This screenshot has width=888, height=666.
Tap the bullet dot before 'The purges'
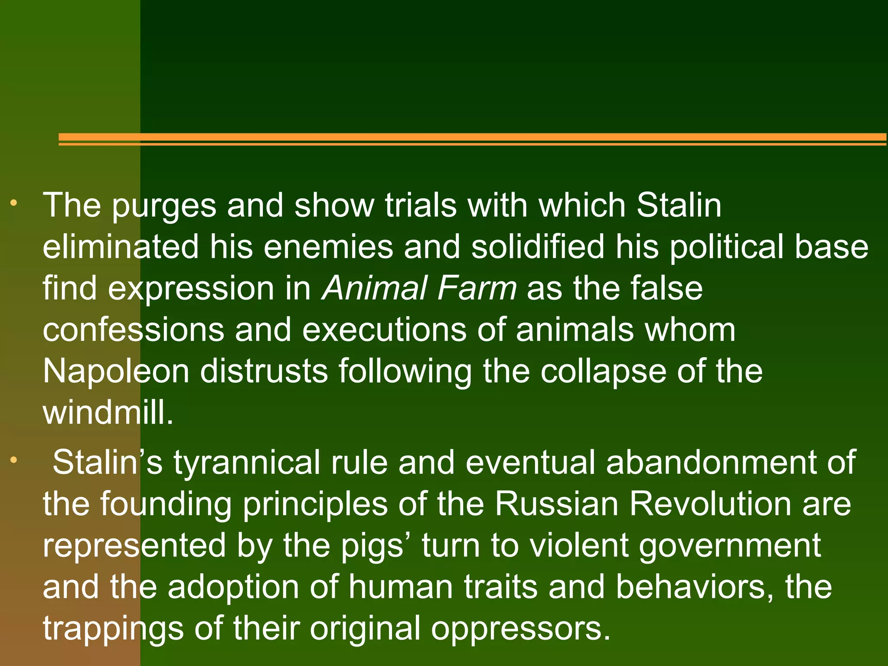[14, 202]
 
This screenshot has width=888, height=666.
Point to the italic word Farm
[477, 288]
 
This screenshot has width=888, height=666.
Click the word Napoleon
[116, 371]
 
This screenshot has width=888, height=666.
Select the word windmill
[108, 412]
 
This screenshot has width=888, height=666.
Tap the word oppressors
[520, 628]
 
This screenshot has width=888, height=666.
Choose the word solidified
[538, 247]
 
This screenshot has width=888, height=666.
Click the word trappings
[113, 628]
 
